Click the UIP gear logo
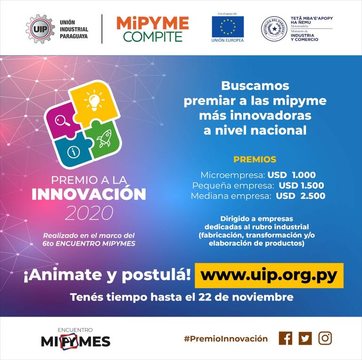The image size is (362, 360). pos(40,29)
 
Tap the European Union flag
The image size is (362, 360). pos(228,26)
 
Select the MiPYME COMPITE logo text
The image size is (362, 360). pos(152,29)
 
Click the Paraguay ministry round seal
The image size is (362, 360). pos(274,29)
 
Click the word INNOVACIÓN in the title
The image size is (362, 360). pos(89,194)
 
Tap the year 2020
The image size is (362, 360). pos(89,213)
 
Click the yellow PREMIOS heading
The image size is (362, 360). pos(255,160)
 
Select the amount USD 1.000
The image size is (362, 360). pos(291,175)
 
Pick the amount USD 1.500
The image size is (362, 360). pos(301,185)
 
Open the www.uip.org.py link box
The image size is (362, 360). pos(269,275)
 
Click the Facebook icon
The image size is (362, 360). pos(285,338)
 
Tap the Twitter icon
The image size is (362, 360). pos(305,338)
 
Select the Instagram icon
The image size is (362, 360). pos(325,338)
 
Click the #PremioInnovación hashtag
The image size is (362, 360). pos(226,339)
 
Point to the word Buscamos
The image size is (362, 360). pos(255,86)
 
